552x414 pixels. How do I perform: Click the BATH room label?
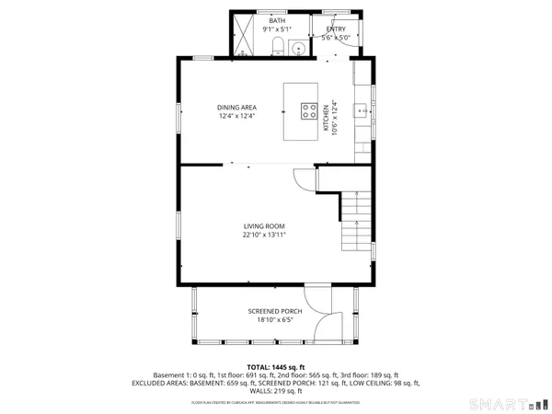pos(277,20)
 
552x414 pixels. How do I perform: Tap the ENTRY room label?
pos(335,29)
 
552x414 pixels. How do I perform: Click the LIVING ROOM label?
pos(264,226)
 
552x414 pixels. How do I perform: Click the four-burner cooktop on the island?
pos(308,112)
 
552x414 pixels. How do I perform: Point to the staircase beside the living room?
pos(355,224)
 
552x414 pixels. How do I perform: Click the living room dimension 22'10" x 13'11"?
pos(264,236)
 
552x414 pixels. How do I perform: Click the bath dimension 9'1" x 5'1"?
pos(277,29)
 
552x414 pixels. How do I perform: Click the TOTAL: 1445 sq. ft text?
pos(276,367)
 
